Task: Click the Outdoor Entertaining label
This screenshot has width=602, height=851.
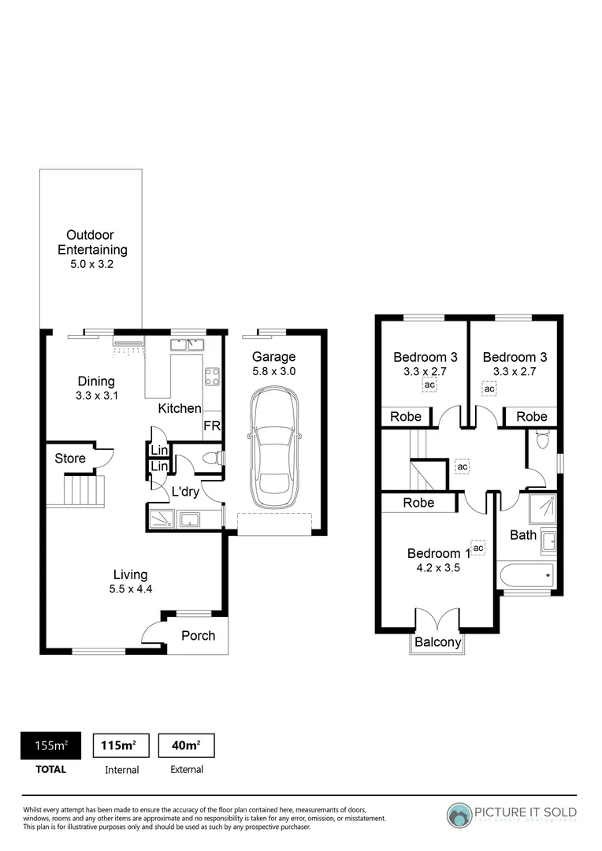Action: click(x=91, y=242)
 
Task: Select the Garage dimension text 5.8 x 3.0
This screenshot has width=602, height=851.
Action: click(x=273, y=371)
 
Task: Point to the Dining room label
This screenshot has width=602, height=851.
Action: click(x=95, y=381)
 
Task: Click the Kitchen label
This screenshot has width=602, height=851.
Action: click(x=180, y=408)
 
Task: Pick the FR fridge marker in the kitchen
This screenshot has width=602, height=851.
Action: click(x=211, y=425)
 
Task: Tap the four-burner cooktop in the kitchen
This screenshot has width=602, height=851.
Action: click(x=212, y=376)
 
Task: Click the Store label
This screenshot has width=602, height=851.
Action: click(x=69, y=458)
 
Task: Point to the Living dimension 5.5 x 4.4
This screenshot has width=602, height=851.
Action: click(x=130, y=589)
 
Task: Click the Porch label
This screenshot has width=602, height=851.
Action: click(x=198, y=635)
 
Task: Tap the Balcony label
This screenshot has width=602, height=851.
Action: click(x=437, y=642)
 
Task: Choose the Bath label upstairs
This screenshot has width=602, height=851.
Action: click(x=523, y=535)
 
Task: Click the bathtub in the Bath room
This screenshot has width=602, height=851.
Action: click(x=526, y=576)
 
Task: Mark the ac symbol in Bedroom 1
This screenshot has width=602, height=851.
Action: click(x=478, y=548)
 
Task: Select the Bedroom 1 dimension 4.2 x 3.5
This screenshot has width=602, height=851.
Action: click(x=439, y=567)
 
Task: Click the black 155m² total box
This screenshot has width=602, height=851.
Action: click(x=50, y=745)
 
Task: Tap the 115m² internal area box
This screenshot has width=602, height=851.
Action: click(x=121, y=745)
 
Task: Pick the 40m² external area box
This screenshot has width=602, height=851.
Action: click(x=187, y=745)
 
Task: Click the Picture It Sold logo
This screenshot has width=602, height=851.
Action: click(x=512, y=813)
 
